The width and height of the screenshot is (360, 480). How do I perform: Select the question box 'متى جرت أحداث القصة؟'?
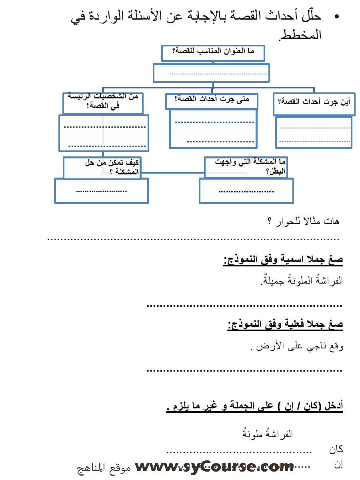212,100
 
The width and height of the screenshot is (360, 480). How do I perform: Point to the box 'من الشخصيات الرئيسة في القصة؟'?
103,102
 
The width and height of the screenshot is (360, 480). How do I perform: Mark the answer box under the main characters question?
104,133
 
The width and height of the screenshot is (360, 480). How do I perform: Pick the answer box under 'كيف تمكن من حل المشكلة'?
102,190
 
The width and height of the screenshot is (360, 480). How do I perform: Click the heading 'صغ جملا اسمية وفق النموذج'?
283,260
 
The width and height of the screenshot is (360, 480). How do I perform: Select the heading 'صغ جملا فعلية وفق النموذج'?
285,325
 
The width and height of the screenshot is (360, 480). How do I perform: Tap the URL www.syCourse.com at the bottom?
214,467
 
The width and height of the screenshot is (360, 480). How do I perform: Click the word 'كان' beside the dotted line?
336,449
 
